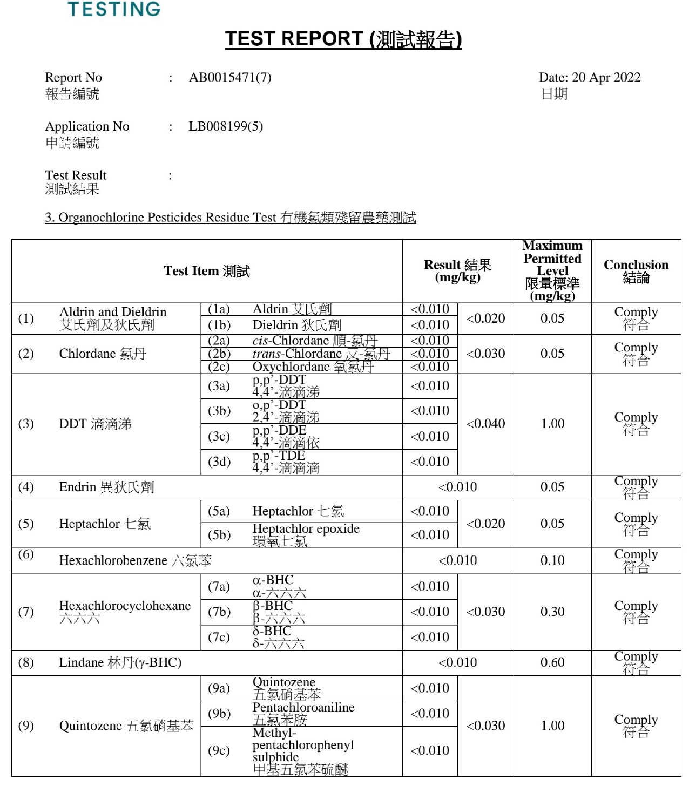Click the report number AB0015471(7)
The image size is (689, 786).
[230, 78]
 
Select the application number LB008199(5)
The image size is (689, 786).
[226, 127]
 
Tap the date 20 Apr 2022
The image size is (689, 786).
[590, 78]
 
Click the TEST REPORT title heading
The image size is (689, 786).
[343, 39]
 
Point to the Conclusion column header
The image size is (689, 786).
[636, 271]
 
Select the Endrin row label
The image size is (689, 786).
[106, 487]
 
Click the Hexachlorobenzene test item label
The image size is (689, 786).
[135, 561]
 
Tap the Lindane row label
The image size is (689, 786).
[120, 663]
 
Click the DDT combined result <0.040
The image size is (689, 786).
[485, 424]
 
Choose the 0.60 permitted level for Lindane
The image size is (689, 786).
[552, 663]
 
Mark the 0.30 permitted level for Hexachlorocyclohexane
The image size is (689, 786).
[552, 612]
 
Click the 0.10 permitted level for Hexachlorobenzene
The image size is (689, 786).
[552, 561]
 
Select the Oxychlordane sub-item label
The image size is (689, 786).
[313, 367]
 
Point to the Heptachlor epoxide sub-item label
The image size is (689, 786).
[306, 530]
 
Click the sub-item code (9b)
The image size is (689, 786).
[219, 714]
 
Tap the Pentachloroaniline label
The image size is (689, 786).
[303, 708]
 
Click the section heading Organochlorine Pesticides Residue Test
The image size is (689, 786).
[231, 218]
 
